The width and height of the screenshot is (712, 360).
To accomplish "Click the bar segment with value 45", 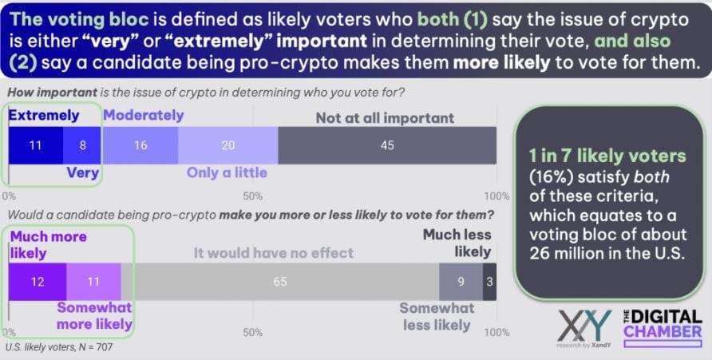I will [x=387, y=145].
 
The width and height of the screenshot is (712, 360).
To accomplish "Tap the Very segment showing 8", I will [x=81, y=145].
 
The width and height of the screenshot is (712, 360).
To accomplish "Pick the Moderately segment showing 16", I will [x=140, y=145].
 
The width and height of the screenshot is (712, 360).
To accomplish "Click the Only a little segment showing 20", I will [x=227, y=145].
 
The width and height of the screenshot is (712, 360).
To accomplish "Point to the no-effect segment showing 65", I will [x=279, y=281].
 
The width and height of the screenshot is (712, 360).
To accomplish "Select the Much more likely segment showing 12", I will [x=37, y=281].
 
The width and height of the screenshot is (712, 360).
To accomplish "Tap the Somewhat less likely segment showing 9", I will [x=461, y=281].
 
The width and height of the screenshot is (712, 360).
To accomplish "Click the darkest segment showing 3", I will [x=489, y=281].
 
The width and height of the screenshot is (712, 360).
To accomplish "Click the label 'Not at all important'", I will [x=385, y=118].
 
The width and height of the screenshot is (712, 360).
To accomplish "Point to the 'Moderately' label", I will [x=144, y=115].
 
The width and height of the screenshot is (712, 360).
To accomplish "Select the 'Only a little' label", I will [x=227, y=172].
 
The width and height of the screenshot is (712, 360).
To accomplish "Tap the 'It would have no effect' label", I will [x=274, y=254].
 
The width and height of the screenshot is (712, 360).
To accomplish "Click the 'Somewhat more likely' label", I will [x=94, y=316].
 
